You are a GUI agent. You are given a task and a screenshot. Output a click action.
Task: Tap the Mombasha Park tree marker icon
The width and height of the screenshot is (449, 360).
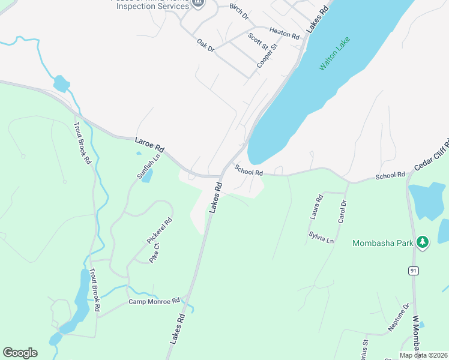coord(423,242)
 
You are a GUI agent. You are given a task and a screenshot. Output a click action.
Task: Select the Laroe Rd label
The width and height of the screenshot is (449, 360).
coord(149,144)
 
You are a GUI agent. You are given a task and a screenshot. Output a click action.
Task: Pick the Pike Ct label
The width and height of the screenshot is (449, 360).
coord(154,253)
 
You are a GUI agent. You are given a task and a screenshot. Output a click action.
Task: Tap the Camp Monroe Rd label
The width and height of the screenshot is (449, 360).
coord(154,301)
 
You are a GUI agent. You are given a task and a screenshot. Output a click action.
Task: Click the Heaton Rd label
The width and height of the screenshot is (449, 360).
coord(284,33)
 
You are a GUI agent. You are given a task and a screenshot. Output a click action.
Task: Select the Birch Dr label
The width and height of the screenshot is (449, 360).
coord(239,11)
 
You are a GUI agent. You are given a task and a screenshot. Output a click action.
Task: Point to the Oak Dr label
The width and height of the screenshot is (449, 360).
coord(206,45)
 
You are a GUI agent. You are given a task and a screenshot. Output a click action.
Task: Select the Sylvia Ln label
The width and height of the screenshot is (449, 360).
coord(321,236)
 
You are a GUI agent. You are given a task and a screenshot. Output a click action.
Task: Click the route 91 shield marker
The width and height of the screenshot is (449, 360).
coord(414,271)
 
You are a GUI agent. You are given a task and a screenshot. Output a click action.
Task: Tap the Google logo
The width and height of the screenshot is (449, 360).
coord(20,353)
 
